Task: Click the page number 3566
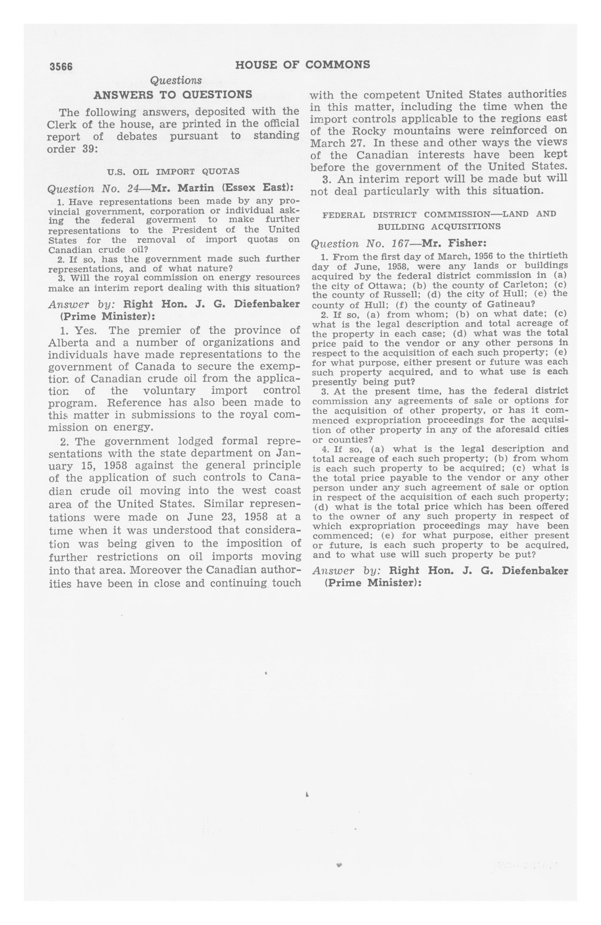click(61, 66)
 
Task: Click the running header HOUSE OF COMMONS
click(302, 65)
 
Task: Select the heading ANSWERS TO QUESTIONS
click(173, 94)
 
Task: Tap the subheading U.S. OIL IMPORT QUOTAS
click(173, 171)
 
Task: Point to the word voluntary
click(169, 390)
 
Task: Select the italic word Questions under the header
click(176, 80)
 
